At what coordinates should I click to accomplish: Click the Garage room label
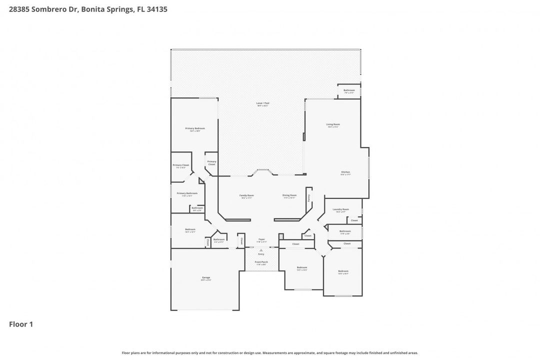(206, 278)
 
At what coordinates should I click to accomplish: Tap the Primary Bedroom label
(195, 128)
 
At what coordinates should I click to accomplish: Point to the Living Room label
(333, 124)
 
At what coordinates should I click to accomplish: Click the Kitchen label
(345, 172)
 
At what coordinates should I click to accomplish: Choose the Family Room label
(246, 195)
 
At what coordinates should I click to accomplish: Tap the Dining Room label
(289, 195)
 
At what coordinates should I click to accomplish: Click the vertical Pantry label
(309, 198)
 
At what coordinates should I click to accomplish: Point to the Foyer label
(261, 239)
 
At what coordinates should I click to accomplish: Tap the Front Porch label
(261, 262)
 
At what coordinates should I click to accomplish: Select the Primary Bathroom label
(187, 193)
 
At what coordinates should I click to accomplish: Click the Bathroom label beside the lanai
(349, 90)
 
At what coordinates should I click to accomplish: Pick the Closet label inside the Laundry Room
(354, 220)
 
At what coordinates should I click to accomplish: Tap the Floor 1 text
(21, 324)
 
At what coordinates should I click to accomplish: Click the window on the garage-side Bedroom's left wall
(171, 231)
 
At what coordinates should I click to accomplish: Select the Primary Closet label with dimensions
(180, 165)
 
